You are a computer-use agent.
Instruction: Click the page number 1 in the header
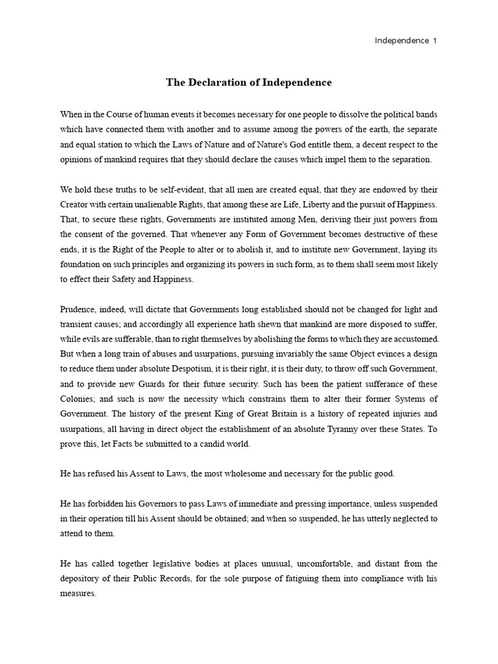pos(435,41)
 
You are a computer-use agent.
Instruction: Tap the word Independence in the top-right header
pos(402,41)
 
